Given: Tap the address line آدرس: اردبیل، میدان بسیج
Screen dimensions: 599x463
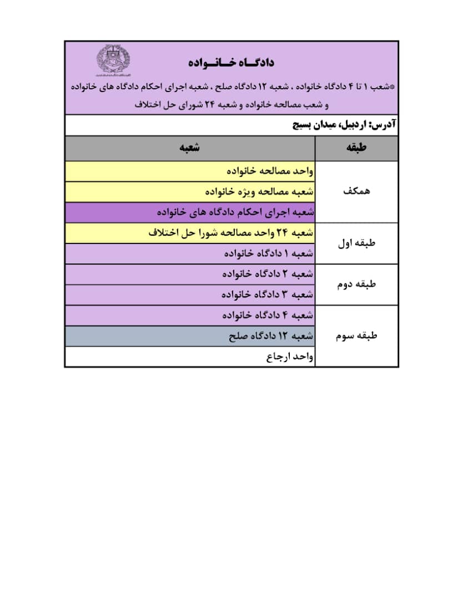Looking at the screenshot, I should click(344, 125).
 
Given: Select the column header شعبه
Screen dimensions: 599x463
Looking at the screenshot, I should click(190, 148).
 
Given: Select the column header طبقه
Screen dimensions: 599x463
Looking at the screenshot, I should click(356, 148).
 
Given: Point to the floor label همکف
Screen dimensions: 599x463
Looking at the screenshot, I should click(356, 191).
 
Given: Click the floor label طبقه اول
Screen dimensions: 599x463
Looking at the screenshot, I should click(356, 243).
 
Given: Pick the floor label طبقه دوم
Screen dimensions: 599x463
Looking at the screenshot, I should click(356, 285).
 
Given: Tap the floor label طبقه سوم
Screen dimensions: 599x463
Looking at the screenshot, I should click(356, 336).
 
